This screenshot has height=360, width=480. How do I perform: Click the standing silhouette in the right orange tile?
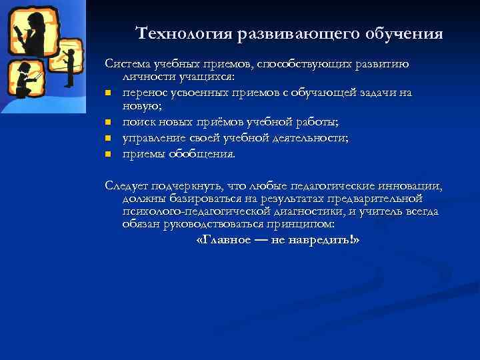(x=69, y=63)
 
